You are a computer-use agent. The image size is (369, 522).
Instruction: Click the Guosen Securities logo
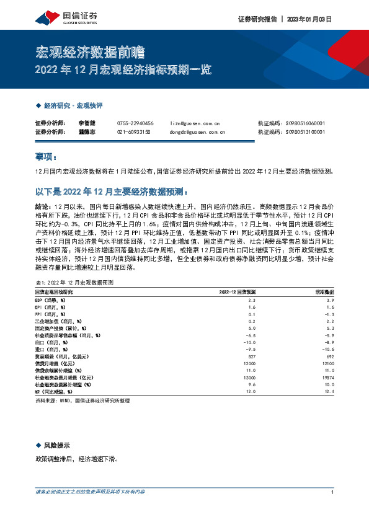coord(61,16)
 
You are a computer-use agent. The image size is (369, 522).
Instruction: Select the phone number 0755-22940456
coord(135,123)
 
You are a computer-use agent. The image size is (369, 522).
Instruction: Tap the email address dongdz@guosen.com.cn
coord(197,132)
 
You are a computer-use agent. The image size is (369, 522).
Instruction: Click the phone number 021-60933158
coord(133,132)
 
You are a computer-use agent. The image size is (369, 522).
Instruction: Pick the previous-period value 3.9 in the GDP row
coord(330,299)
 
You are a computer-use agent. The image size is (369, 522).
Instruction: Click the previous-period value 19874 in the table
coord(329,377)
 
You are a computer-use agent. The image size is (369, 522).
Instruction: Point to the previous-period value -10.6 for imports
coord(328,351)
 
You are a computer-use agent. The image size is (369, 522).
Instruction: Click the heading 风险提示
coord(56,446)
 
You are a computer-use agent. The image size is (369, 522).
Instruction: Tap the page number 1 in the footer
coord(333,492)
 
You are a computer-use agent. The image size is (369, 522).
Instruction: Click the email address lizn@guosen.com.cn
coord(195,123)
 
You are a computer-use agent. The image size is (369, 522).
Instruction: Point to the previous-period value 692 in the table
coord(331,358)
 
